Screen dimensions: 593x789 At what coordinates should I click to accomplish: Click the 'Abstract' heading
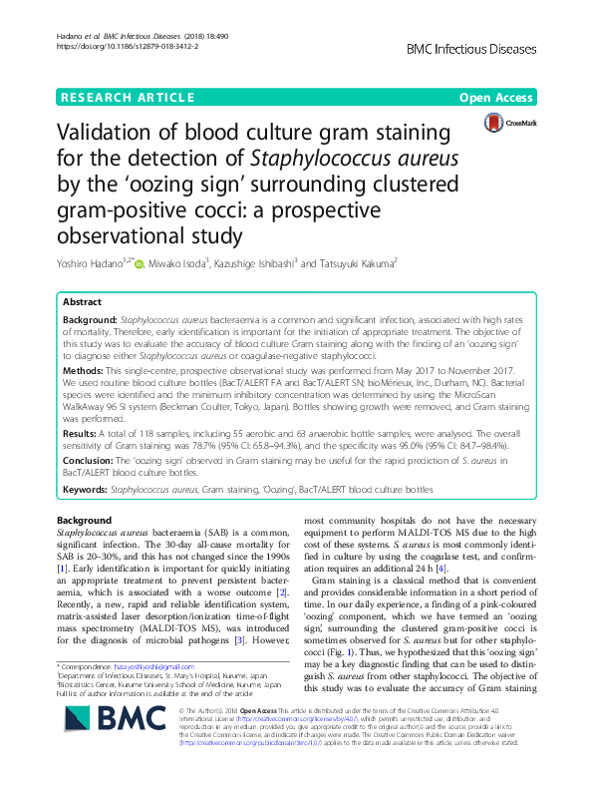83,301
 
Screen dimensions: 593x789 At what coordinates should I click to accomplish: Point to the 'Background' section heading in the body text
85,521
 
